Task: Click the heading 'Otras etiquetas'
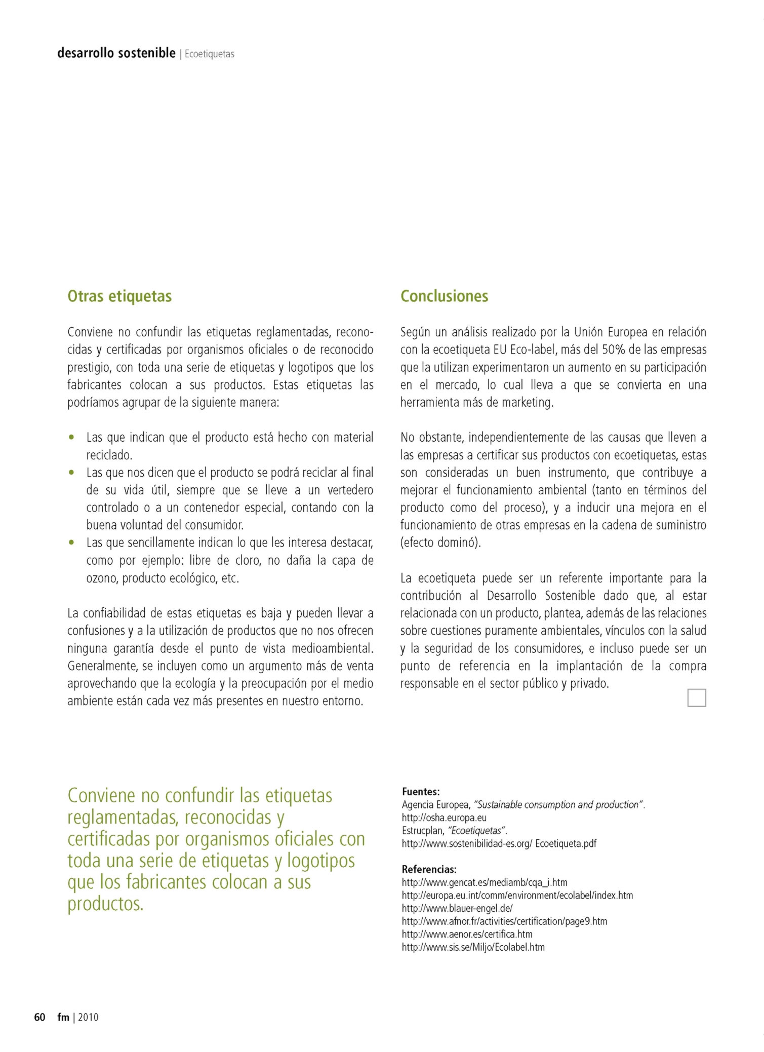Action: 119,296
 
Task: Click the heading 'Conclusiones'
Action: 444,296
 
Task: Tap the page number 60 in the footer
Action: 39,1017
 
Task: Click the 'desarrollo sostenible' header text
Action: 116,53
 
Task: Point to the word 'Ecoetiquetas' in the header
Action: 209,54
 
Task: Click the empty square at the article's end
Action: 696,698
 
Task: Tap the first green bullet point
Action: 72,437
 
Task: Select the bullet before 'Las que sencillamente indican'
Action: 72,543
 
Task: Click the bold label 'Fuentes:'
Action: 420,791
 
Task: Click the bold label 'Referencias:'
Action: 429,869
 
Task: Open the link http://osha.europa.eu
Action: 444,817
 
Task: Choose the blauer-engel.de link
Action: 457,908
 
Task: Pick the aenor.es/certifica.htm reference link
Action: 467,934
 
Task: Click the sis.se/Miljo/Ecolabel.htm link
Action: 473,947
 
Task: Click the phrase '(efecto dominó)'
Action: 440,543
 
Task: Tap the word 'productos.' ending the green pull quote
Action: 105,904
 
